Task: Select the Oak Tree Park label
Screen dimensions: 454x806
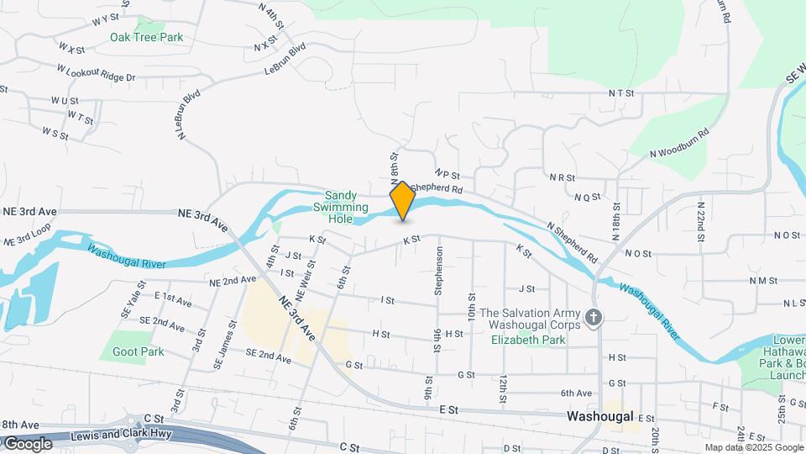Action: tap(146, 37)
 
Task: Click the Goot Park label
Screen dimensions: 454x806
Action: tap(139, 351)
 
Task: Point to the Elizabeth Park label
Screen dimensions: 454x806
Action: tap(529, 340)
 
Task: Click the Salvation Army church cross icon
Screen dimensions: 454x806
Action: tap(594, 318)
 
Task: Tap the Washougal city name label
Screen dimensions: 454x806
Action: tap(599, 416)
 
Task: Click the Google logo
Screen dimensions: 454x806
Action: tap(27, 443)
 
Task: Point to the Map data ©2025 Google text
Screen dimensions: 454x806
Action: tap(753, 447)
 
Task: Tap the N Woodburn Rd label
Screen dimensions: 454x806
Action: tap(679, 143)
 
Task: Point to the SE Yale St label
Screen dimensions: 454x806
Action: tap(128, 304)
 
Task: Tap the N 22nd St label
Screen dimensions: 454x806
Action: tap(700, 220)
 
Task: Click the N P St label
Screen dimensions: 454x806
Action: tap(450, 173)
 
